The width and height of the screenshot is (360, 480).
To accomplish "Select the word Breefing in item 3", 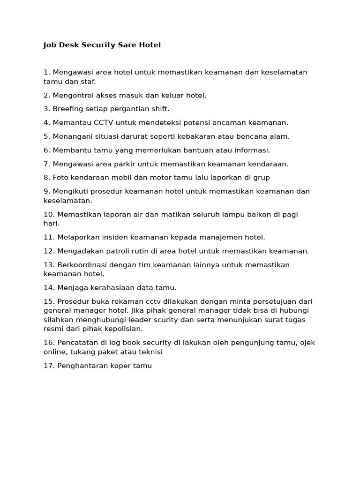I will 68,109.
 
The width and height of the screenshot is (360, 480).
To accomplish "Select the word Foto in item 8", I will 60,178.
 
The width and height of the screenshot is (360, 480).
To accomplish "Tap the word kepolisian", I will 121,329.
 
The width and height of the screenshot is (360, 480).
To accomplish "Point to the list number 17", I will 49,366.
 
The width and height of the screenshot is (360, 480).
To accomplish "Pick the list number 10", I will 49,214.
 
